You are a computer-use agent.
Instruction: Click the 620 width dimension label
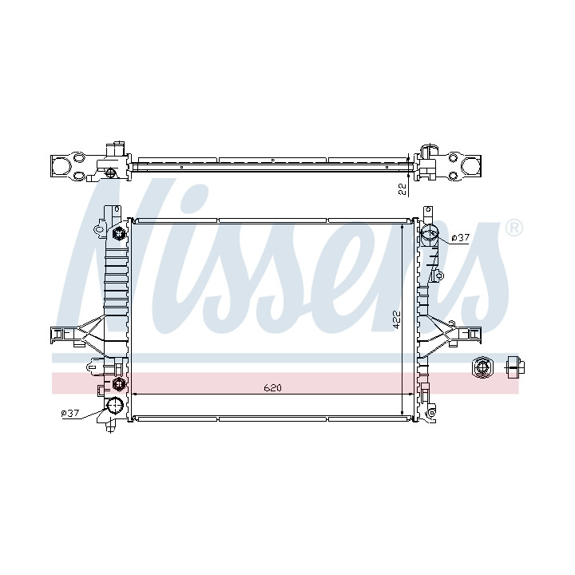click(x=272, y=387)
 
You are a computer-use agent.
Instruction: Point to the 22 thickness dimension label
click(x=402, y=188)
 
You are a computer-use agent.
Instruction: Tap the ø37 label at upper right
click(x=460, y=238)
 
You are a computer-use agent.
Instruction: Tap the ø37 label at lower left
click(x=70, y=413)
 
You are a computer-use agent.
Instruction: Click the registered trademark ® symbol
click(x=514, y=229)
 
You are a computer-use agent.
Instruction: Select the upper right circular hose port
click(x=429, y=232)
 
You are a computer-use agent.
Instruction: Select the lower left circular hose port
click(x=114, y=406)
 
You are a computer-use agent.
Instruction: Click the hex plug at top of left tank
click(x=118, y=232)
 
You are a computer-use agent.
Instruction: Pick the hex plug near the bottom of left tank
click(x=118, y=384)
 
